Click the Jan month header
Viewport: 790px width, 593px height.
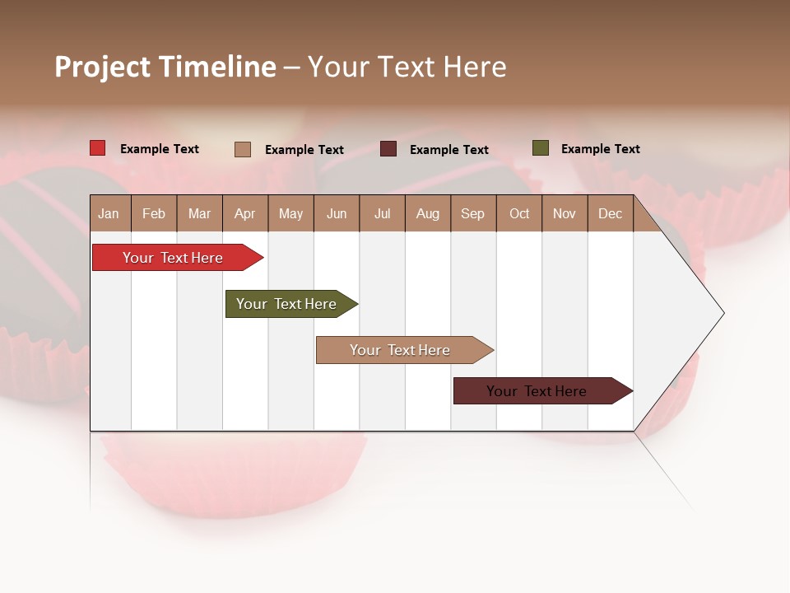pos(109,214)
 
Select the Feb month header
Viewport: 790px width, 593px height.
pos(154,214)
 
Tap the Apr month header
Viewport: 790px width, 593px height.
pos(244,214)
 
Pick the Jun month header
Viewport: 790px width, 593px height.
pos(337,214)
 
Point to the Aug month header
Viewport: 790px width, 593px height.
pos(428,214)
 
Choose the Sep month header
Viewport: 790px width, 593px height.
pos(472,214)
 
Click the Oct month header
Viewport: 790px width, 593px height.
pos(519,214)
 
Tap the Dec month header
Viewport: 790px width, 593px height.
pos(610,214)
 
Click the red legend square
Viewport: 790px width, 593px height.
pos(98,148)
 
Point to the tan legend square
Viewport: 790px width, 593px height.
pos(243,149)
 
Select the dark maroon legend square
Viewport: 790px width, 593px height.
pos(388,149)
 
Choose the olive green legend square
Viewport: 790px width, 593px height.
pos(540,148)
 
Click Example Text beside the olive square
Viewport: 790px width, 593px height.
pos(600,149)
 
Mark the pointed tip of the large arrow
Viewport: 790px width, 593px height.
pos(723,313)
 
